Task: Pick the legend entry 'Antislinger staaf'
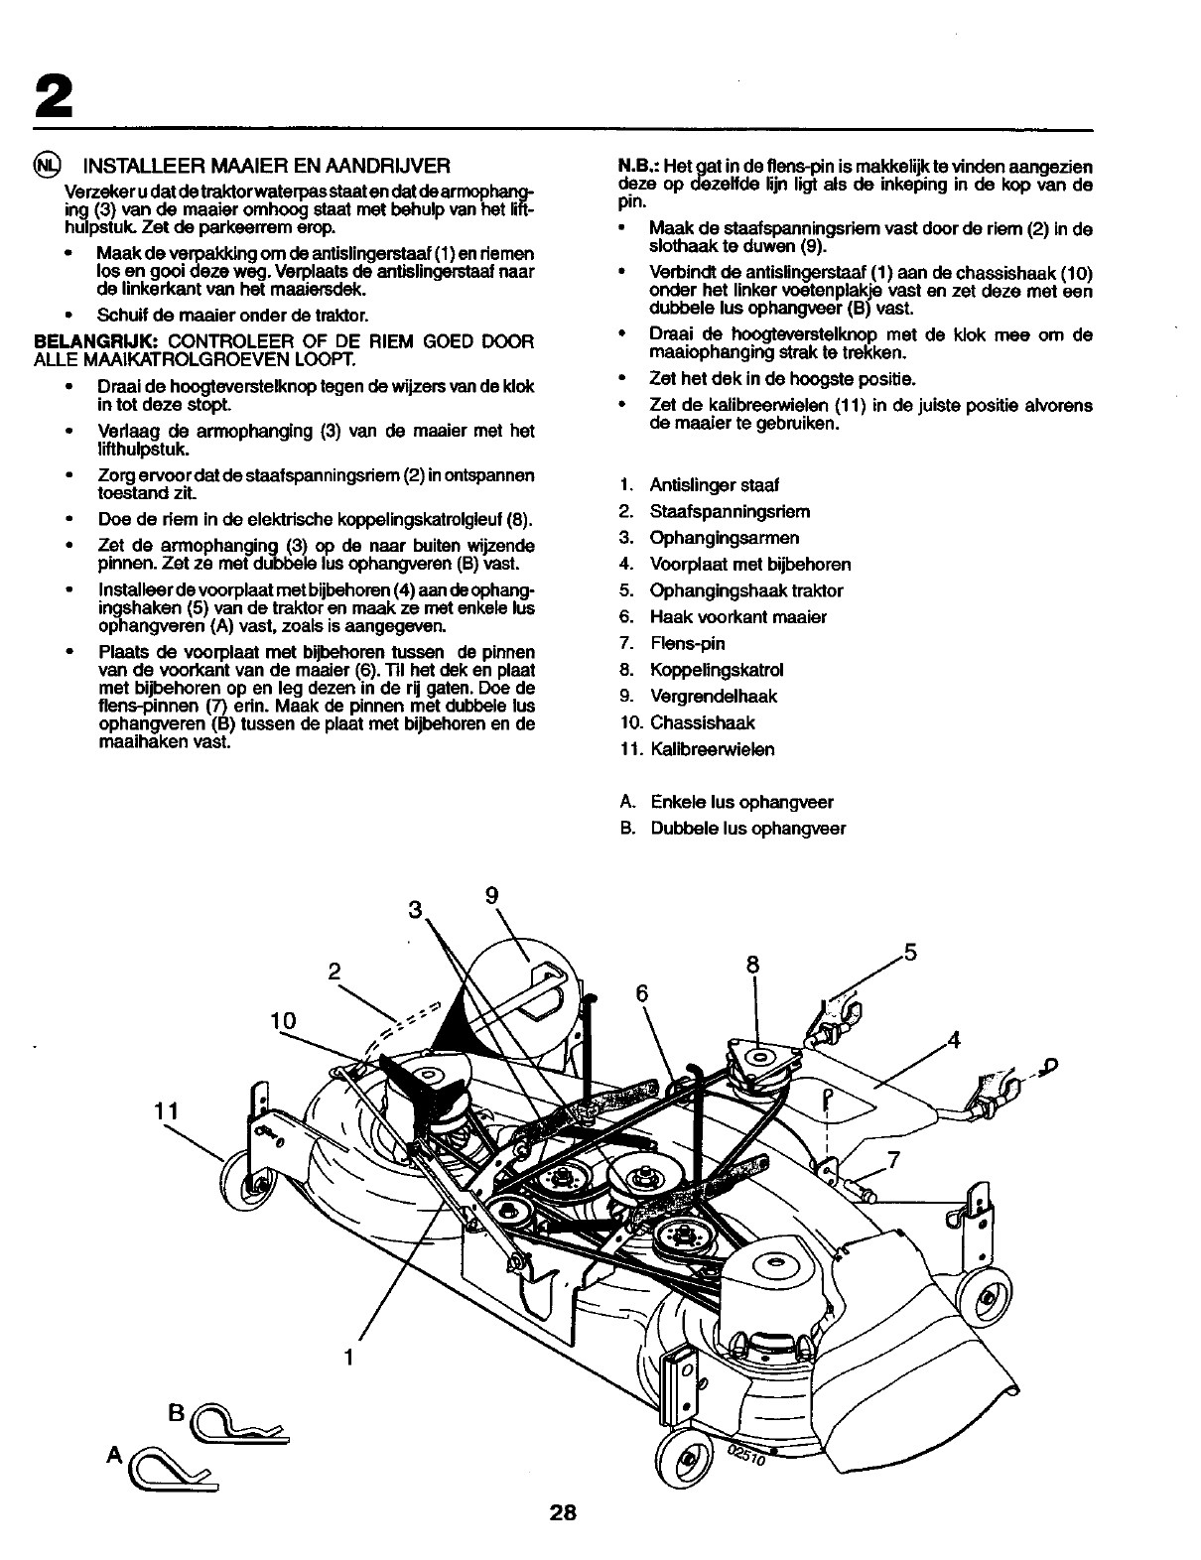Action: tap(714, 485)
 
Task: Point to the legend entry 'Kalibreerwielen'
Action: tap(713, 749)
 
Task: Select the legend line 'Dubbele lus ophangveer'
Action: tap(747, 829)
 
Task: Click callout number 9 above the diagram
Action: tap(491, 894)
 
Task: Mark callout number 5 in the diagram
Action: tap(909, 955)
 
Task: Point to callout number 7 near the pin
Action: tap(892, 1158)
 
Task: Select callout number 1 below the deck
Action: tap(349, 1356)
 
